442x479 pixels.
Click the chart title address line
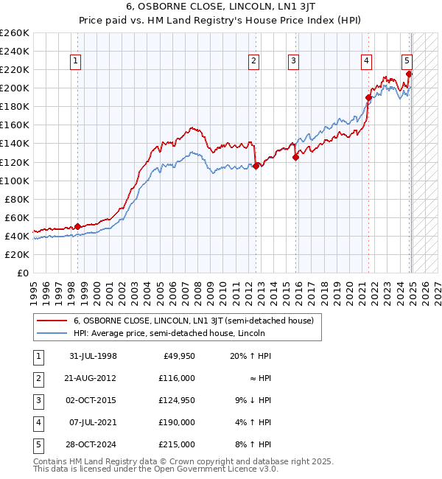click(x=220, y=7)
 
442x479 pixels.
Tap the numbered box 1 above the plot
click(x=77, y=61)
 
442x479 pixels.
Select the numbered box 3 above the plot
click(x=293, y=61)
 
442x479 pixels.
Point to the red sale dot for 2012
click(x=256, y=166)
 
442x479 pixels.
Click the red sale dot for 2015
click(x=295, y=157)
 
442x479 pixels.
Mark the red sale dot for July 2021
click(x=368, y=97)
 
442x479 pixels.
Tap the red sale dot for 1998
click(x=78, y=226)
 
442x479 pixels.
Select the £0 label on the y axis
click(x=23, y=273)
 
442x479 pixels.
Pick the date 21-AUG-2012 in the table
click(x=92, y=378)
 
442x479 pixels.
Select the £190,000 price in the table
click(x=177, y=422)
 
